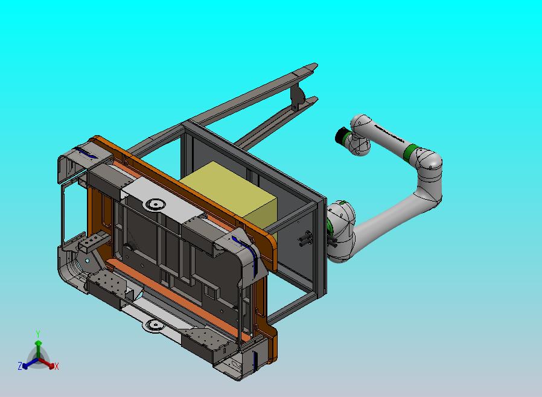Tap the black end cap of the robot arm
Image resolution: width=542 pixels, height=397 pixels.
343,135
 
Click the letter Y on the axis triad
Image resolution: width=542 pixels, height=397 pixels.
38,334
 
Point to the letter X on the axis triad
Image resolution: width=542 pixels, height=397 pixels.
57,366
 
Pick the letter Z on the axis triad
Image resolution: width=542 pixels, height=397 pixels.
20,366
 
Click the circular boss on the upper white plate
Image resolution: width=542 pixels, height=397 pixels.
155,204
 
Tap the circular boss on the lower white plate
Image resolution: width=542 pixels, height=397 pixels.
155,325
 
